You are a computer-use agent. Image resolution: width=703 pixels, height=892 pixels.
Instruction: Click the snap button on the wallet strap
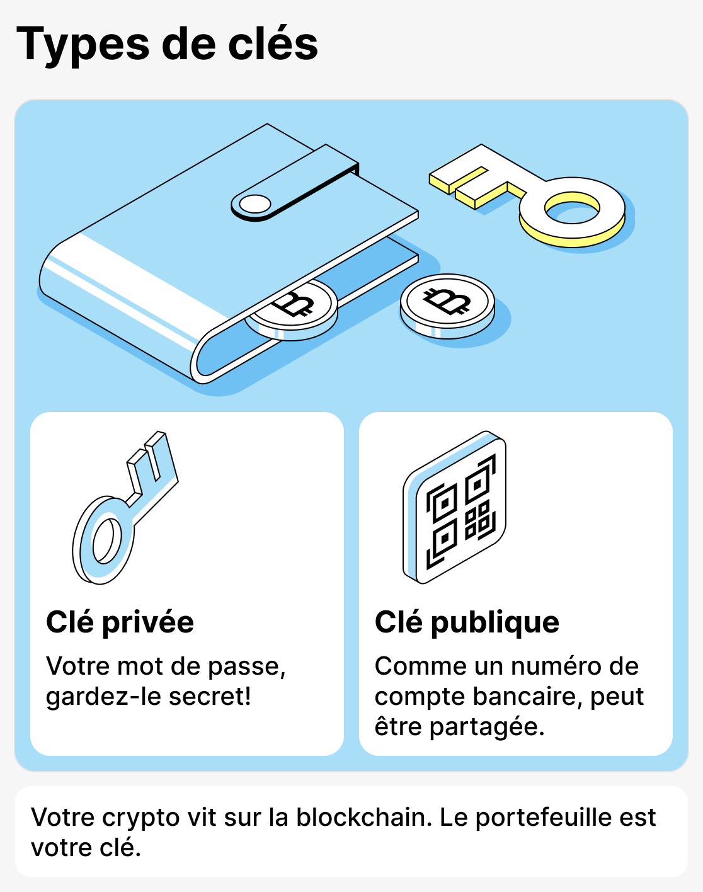(x=255, y=205)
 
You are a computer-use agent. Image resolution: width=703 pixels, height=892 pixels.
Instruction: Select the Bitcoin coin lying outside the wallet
(x=447, y=304)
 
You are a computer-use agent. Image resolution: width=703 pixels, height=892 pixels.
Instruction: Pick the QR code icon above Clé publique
(x=455, y=508)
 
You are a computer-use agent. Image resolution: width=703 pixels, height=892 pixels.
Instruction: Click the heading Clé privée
(x=120, y=622)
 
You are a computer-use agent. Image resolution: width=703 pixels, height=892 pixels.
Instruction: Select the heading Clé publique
(x=467, y=622)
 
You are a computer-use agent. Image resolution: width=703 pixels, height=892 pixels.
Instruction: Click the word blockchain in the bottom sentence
(x=364, y=817)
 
